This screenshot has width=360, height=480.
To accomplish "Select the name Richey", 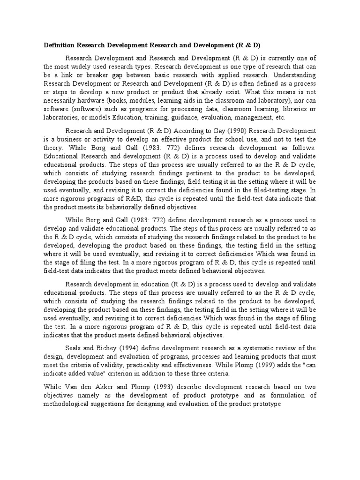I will point(108,347).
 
